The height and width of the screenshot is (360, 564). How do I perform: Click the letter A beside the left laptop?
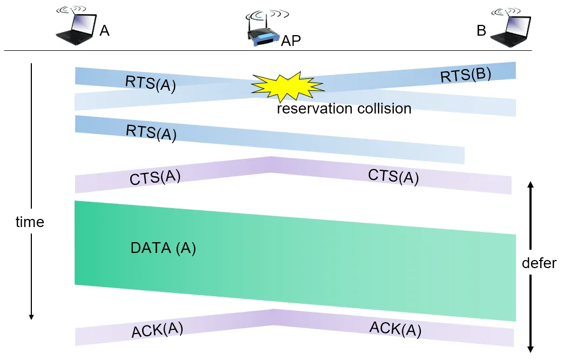(x=104, y=31)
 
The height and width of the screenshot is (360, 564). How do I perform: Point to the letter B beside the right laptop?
(x=481, y=31)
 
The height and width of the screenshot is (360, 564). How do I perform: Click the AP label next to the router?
(x=291, y=41)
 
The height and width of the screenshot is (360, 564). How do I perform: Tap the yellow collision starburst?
(x=287, y=86)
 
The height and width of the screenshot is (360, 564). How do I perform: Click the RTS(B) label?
(x=466, y=75)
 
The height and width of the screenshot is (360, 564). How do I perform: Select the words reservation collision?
(x=344, y=108)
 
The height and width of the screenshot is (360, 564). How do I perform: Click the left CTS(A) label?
(x=155, y=177)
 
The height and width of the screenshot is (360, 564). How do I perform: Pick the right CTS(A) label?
(x=393, y=176)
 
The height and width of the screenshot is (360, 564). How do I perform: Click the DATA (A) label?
(x=163, y=248)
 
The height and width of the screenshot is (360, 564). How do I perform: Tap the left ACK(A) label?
(x=157, y=330)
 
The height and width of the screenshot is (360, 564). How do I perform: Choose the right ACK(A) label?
(x=395, y=329)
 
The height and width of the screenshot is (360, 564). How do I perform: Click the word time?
(x=30, y=222)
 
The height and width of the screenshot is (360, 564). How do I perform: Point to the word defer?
(x=539, y=263)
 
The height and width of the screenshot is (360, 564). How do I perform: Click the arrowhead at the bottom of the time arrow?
(x=31, y=317)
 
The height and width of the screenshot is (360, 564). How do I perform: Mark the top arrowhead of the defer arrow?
(x=531, y=185)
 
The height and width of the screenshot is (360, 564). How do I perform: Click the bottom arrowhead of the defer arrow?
(x=531, y=349)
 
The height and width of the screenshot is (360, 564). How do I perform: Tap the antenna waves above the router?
(x=267, y=15)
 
